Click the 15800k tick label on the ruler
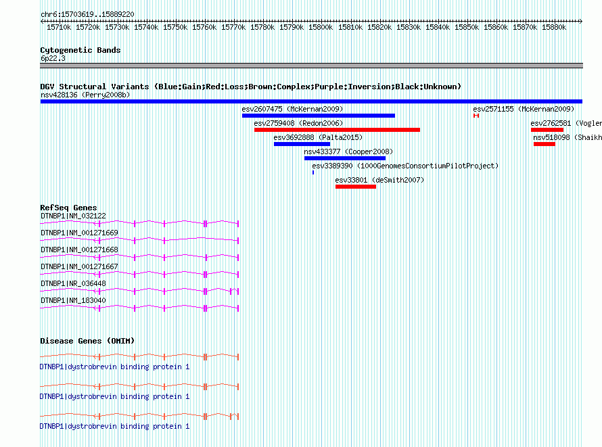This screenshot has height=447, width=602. pos(321,27)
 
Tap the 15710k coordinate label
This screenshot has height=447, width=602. pos(59,27)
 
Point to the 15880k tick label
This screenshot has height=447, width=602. pos(554,27)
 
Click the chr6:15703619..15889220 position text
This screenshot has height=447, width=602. pos(87,14)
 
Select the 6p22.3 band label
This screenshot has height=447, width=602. pos(53,58)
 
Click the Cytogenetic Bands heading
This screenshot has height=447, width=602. pos(80,50)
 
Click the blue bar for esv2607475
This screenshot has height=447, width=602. pos(319,116)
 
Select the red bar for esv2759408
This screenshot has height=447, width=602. pos(337,130)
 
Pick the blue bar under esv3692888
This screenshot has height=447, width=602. pos(302,144)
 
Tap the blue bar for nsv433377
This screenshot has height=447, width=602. pos(345,158)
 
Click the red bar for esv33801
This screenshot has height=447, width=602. pos(356,187)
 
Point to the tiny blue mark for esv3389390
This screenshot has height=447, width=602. pos(313,172)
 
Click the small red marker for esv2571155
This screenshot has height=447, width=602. pos(476,116)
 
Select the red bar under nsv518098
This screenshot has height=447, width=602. pos(545,144)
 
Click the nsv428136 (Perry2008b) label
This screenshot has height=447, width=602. pos(85,95)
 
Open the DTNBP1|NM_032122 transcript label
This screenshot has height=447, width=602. pos(73,216)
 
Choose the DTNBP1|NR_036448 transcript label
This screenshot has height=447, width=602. pos(73,283)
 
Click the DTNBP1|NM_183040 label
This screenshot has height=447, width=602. pos(73,300)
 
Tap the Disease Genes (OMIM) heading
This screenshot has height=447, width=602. pos(87,341)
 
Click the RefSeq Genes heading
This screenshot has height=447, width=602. pos(68,208)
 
